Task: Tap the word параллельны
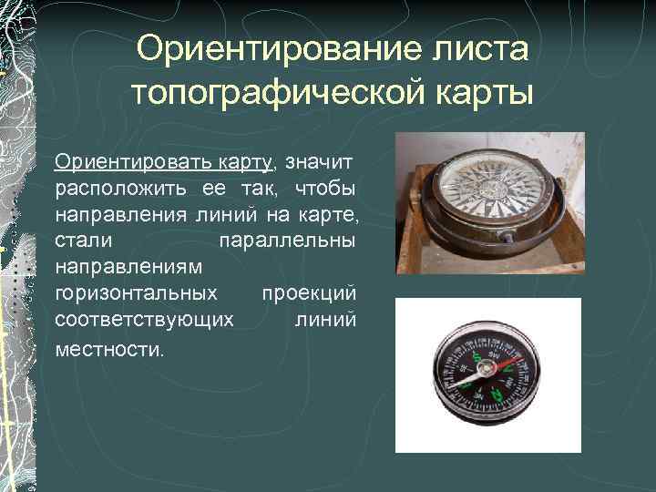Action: [288, 241]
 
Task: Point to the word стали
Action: [84, 241]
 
